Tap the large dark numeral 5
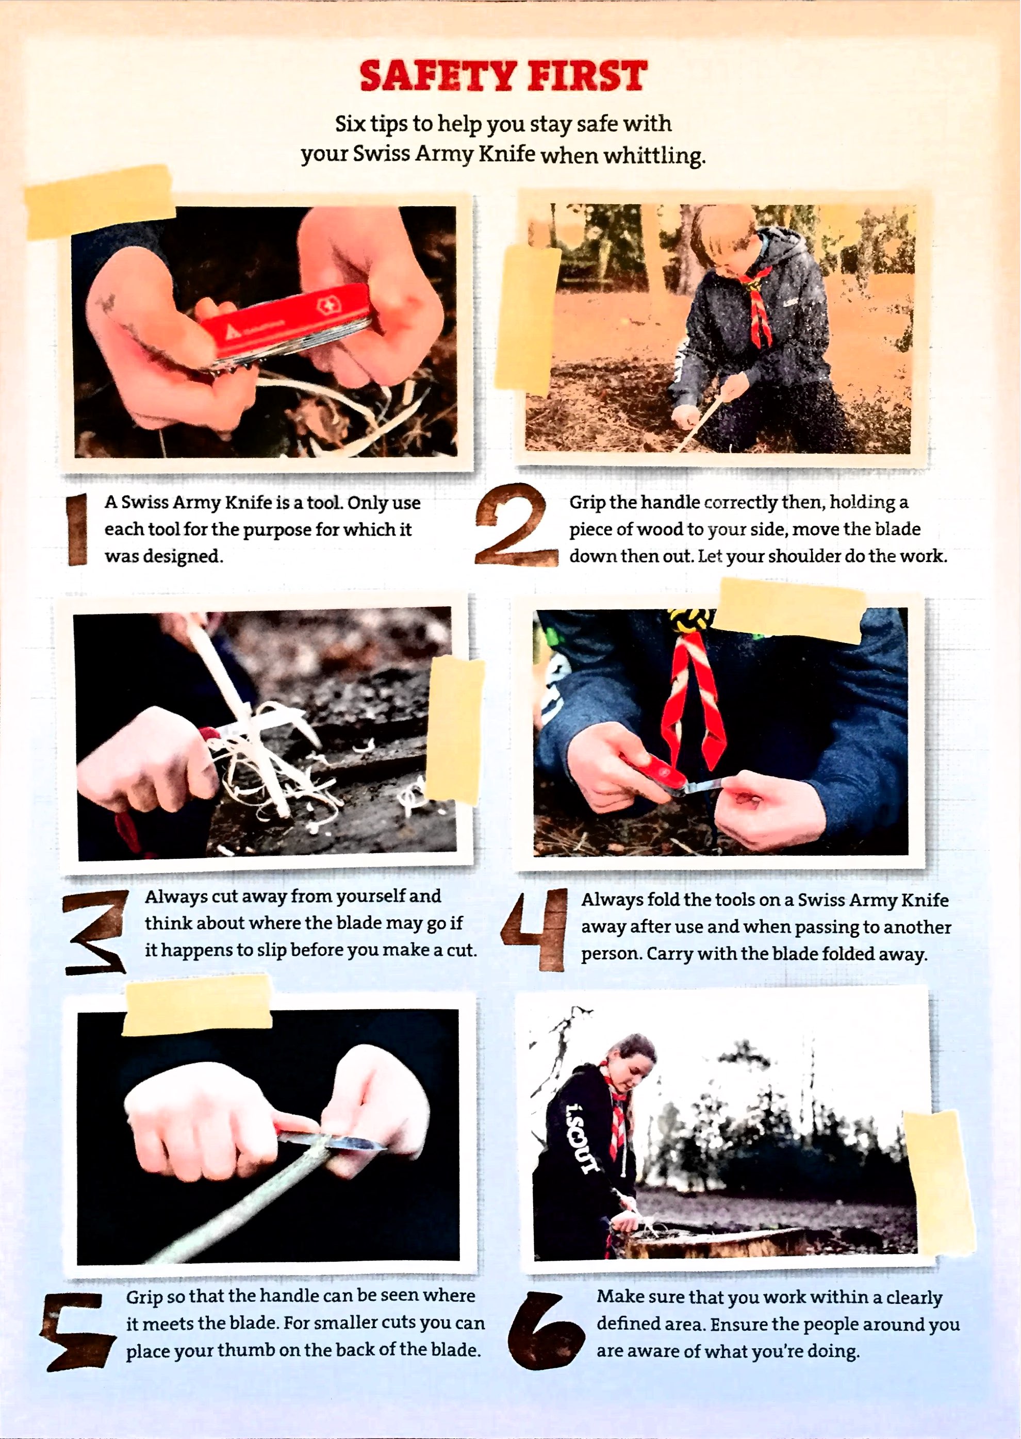(x=77, y=1333)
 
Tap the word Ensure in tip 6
(x=738, y=1324)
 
